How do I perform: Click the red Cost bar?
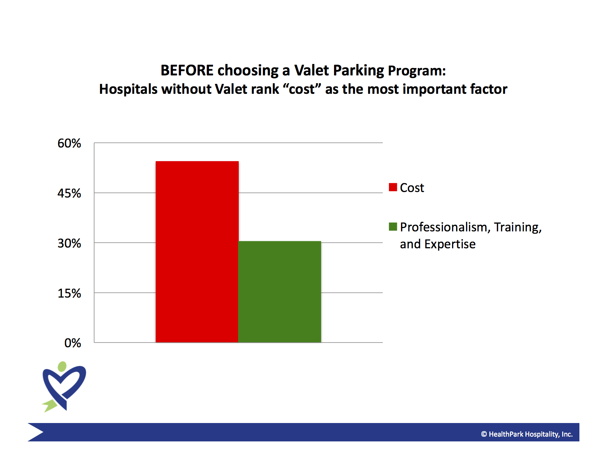[x=197, y=252]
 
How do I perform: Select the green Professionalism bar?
[x=280, y=292]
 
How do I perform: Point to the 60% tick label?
[x=69, y=143]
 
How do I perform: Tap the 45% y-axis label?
[x=69, y=193]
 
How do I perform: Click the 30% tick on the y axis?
[x=69, y=243]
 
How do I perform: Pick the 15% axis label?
[x=69, y=293]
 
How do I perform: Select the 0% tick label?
[x=72, y=343]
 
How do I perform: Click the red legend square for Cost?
[x=393, y=187]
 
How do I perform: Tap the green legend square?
[x=393, y=227]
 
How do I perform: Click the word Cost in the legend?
[x=412, y=188]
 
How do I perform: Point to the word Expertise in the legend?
[x=450, y=244]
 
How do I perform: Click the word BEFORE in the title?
[x=187, y=70]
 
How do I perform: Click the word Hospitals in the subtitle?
[x=128, y=89]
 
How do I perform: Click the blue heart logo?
[x=64, y=387]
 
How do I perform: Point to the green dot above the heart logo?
[x=62, y=366]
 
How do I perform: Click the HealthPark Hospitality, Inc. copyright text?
[x=526, y=434]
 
